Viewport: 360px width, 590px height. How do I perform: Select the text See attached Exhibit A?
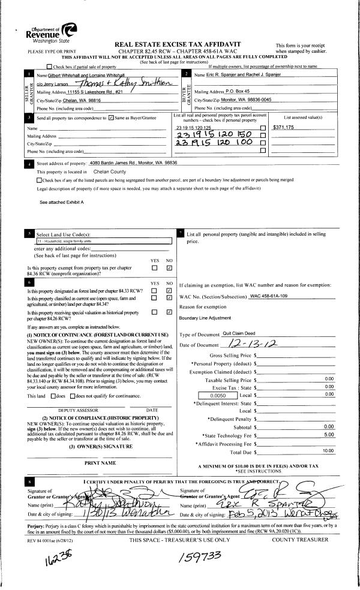[x=62, y=203]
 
